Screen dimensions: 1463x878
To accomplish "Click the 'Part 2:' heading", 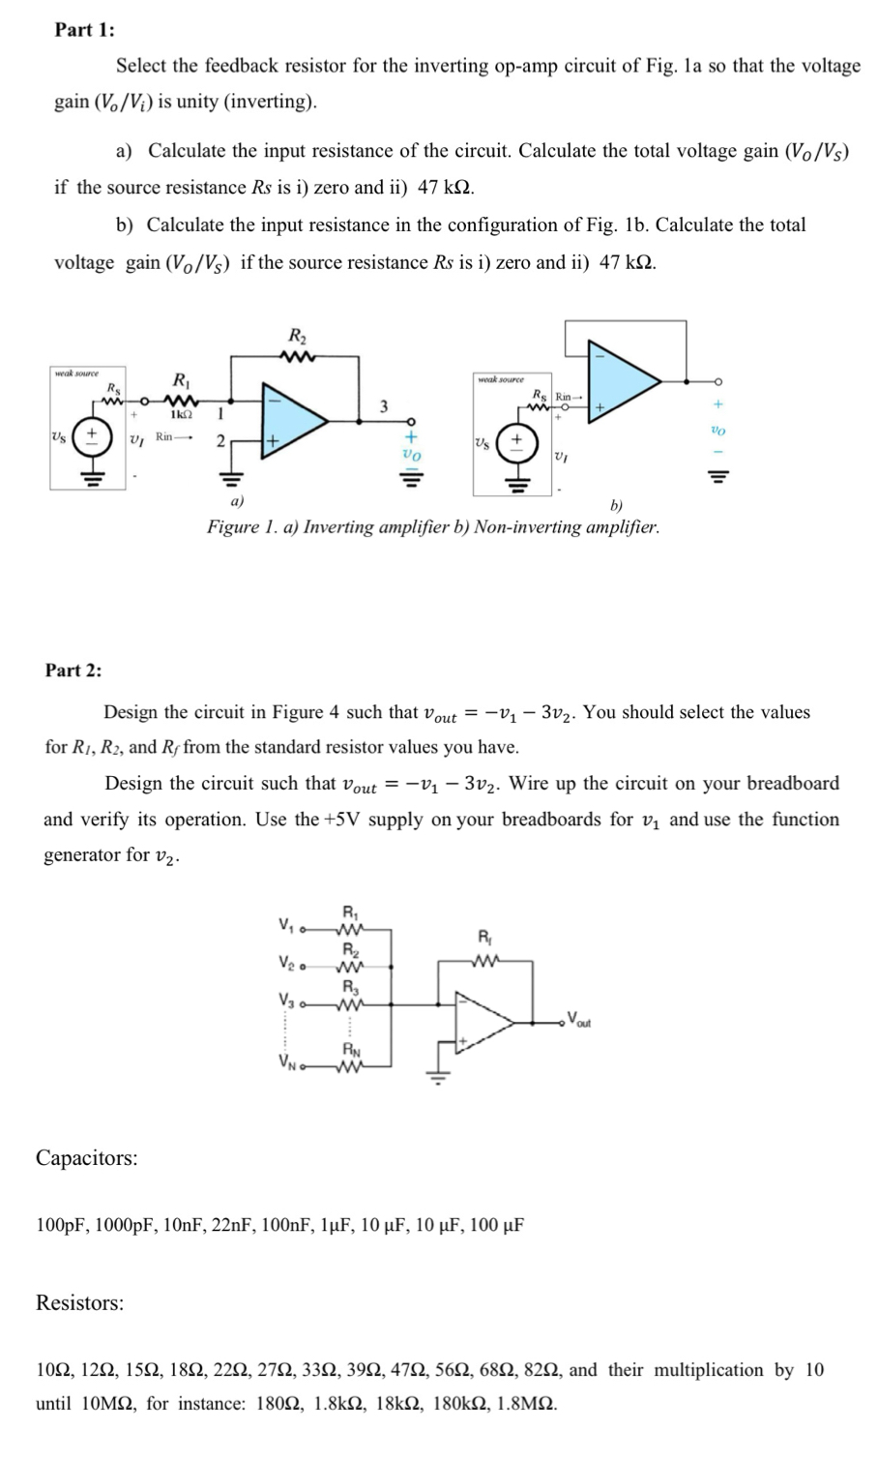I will click(73, 670).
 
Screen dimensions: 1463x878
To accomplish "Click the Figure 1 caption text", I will click(433, 527).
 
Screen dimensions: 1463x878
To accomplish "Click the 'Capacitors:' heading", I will click(86, 1157).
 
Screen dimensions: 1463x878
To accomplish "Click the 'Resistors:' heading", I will click(80, 1302).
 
